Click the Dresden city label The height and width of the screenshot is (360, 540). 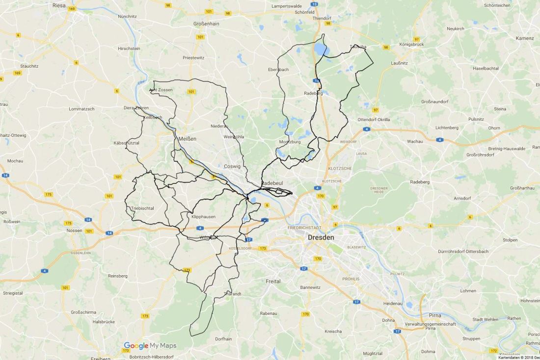click(x=321, y=237)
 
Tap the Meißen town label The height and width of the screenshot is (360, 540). click(x=188, y=139)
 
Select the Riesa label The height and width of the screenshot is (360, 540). click(x=59, y=5)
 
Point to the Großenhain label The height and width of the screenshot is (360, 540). click(x=206, y=23)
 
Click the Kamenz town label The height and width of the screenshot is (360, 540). click(x=524, y=38)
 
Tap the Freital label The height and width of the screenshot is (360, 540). click(x=273, y=282)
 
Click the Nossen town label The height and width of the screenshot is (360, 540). click(x=74, y=230)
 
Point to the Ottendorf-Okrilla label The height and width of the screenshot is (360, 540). click(x=374, y=119)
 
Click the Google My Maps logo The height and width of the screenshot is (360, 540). click(x=150, y=345)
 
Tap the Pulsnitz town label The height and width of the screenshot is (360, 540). click(x=476, y=119)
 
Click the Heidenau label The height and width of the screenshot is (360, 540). click(x=393, y=304)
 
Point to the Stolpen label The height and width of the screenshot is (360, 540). click(x=510, y=240)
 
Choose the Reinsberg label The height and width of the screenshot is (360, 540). click(x=117, y=276)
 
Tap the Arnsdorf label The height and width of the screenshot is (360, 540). click(x=462, y=199)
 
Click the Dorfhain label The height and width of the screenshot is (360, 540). click(x=223, y=338)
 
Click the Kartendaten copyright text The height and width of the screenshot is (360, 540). click(x=518, y=358)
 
